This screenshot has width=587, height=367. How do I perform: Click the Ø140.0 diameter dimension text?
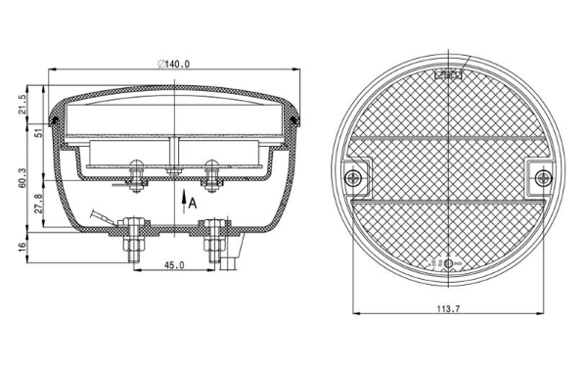click(x=175, y=64)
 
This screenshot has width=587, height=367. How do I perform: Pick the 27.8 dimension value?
click(x=37, y=209)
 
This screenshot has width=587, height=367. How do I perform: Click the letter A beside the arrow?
click(x=194, y=203)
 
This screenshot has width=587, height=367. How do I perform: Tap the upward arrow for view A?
click(x=183, y=206)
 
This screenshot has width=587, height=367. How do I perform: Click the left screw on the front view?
click(x=353, y=177)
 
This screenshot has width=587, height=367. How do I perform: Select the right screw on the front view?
click(x=540, y=177)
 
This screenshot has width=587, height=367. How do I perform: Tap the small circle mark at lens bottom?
click(x=448, y=263)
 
